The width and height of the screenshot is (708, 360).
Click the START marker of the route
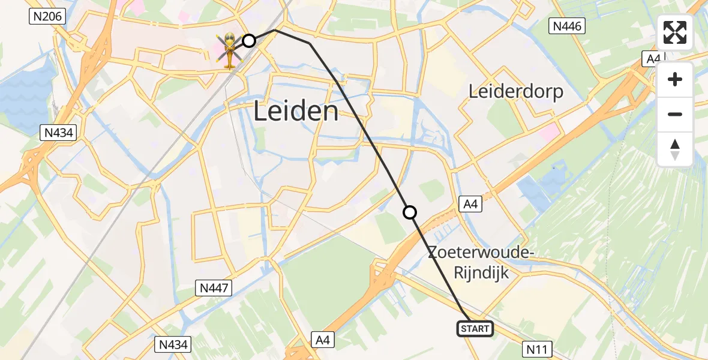tap(476, 329)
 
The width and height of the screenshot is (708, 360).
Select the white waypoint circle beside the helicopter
tap(249, 41)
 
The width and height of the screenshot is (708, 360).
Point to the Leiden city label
tap(296, 112)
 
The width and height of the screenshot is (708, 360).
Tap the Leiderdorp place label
tap(516, 92)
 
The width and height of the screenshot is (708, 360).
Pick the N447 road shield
tap(213, 289)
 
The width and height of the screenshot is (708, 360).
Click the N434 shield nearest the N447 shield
tap(173, 344)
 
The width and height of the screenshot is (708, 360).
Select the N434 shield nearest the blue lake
tap(58, 133)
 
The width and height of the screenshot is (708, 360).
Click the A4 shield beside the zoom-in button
tap(652, 59)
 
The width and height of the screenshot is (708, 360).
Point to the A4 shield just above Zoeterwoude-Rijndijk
tap(470, 205)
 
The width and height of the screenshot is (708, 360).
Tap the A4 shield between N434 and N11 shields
tap(323, 340)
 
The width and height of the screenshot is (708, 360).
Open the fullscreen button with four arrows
tap(675, 32)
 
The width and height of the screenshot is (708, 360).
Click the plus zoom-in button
tap(675, 80)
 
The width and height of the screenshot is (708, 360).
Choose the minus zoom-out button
tap(675, 114)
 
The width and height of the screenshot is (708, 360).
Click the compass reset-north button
tap(675, 149)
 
